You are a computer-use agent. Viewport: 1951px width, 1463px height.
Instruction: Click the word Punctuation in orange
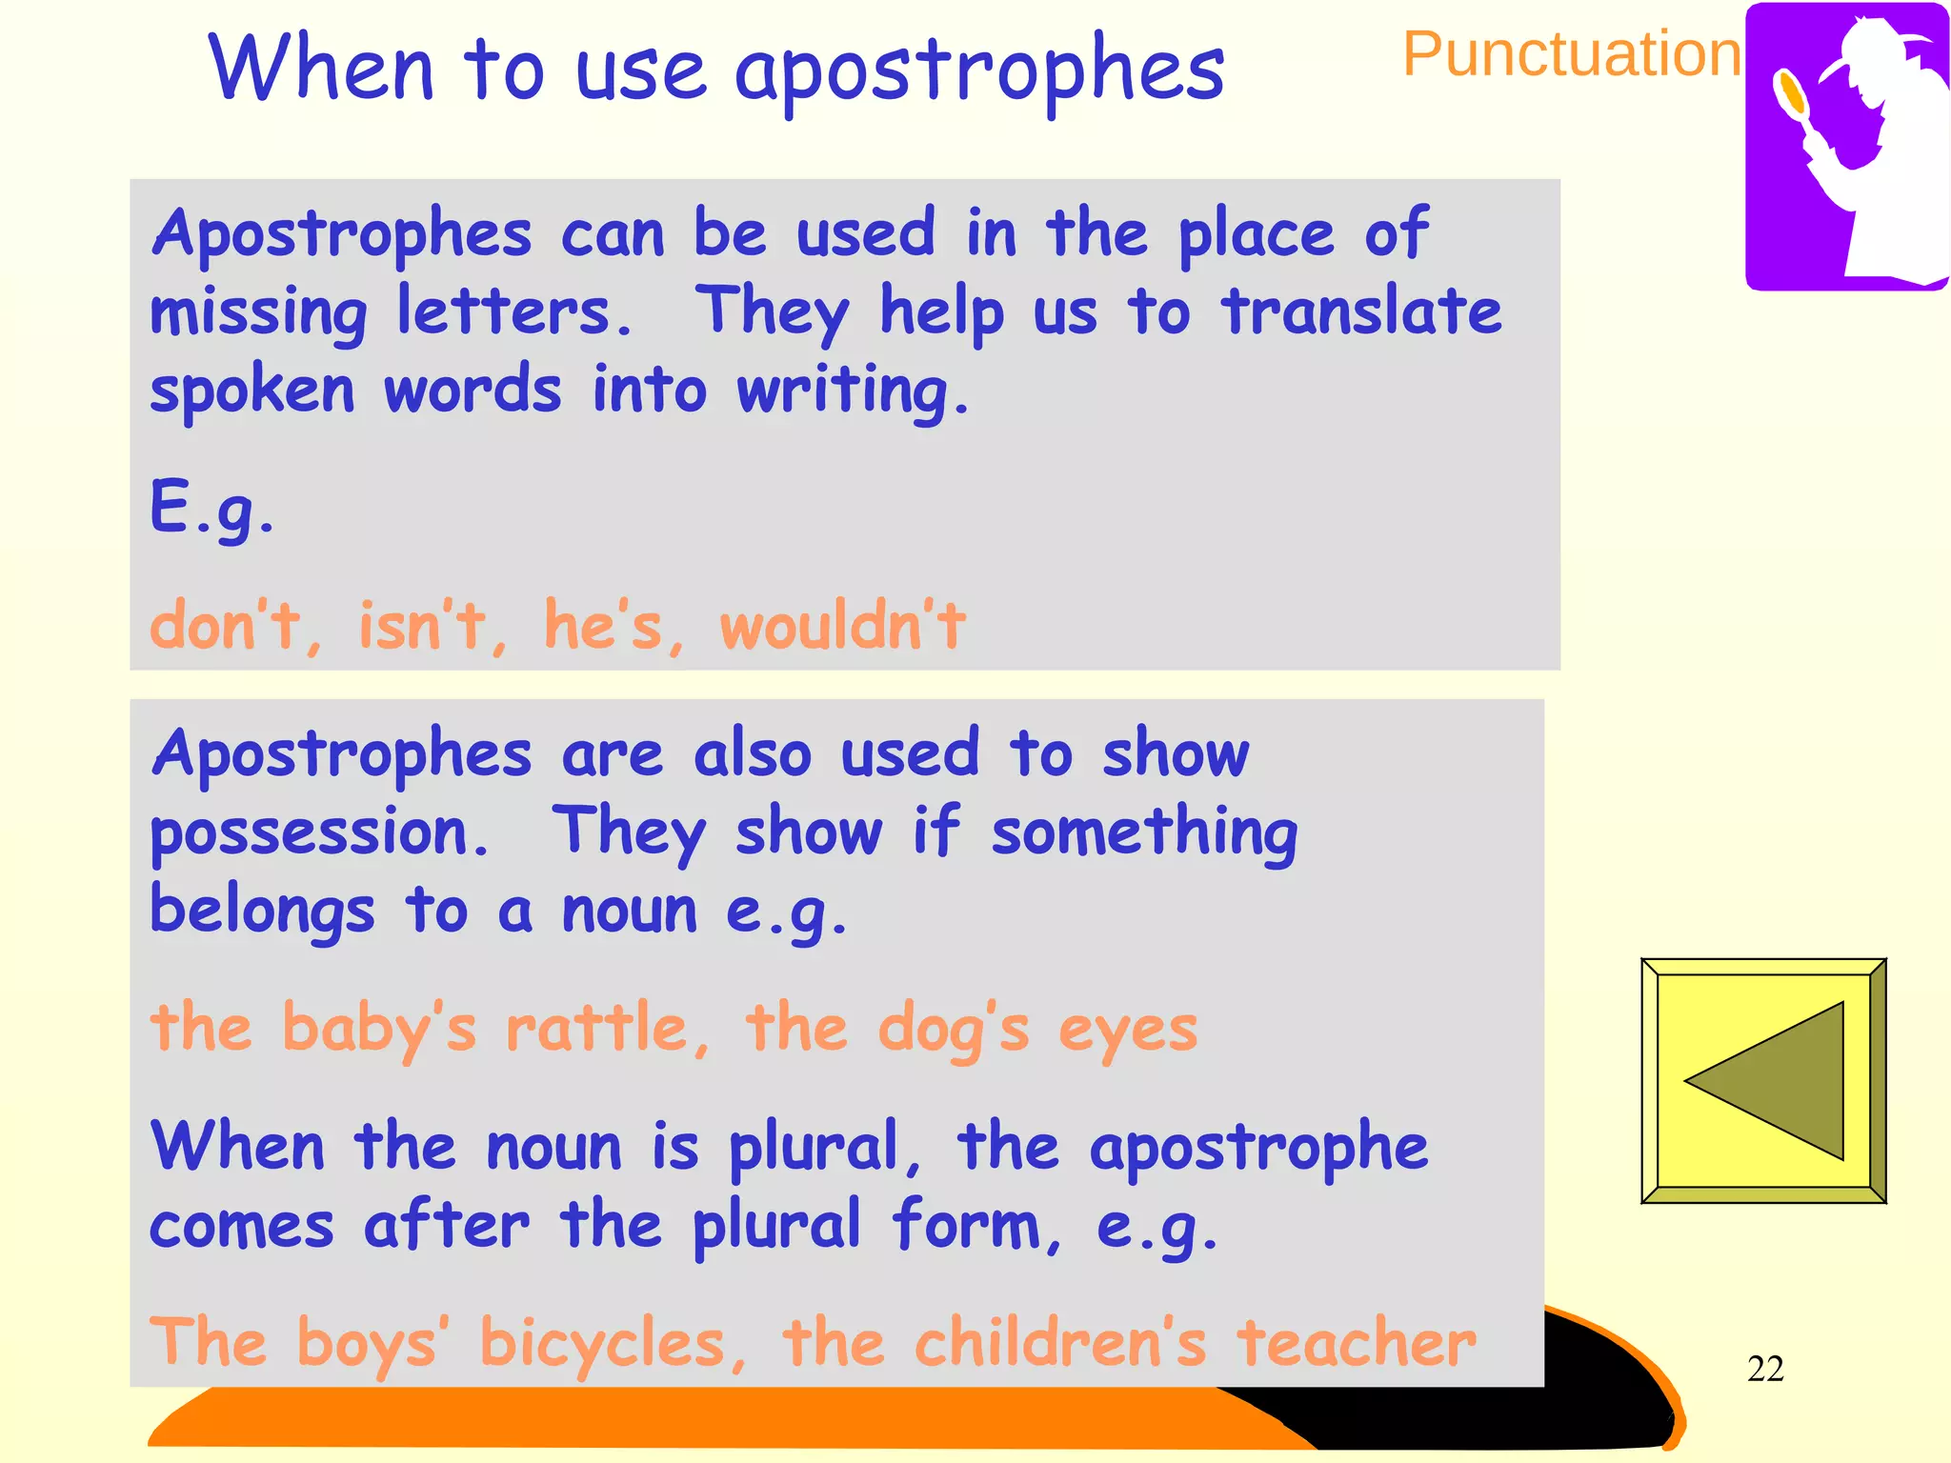(1572, 54)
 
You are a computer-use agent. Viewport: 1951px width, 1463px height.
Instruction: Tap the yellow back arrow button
(1763, 1081)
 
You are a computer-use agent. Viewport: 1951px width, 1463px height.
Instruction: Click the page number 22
(1765, 1369)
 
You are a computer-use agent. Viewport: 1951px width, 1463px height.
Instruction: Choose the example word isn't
(422, 626)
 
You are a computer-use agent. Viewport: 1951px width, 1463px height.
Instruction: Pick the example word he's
(603, 626)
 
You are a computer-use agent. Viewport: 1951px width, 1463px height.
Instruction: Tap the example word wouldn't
(842, 626)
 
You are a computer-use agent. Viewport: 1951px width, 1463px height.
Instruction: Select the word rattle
(597, 1029)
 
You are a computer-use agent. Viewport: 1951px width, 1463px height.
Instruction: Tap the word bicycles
(603, 1344)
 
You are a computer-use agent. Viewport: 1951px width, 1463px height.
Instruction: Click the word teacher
(1357, 1342)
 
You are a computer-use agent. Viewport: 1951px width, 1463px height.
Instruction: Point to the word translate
(1362, 311)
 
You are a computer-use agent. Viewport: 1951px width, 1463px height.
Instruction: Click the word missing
(258, 313)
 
